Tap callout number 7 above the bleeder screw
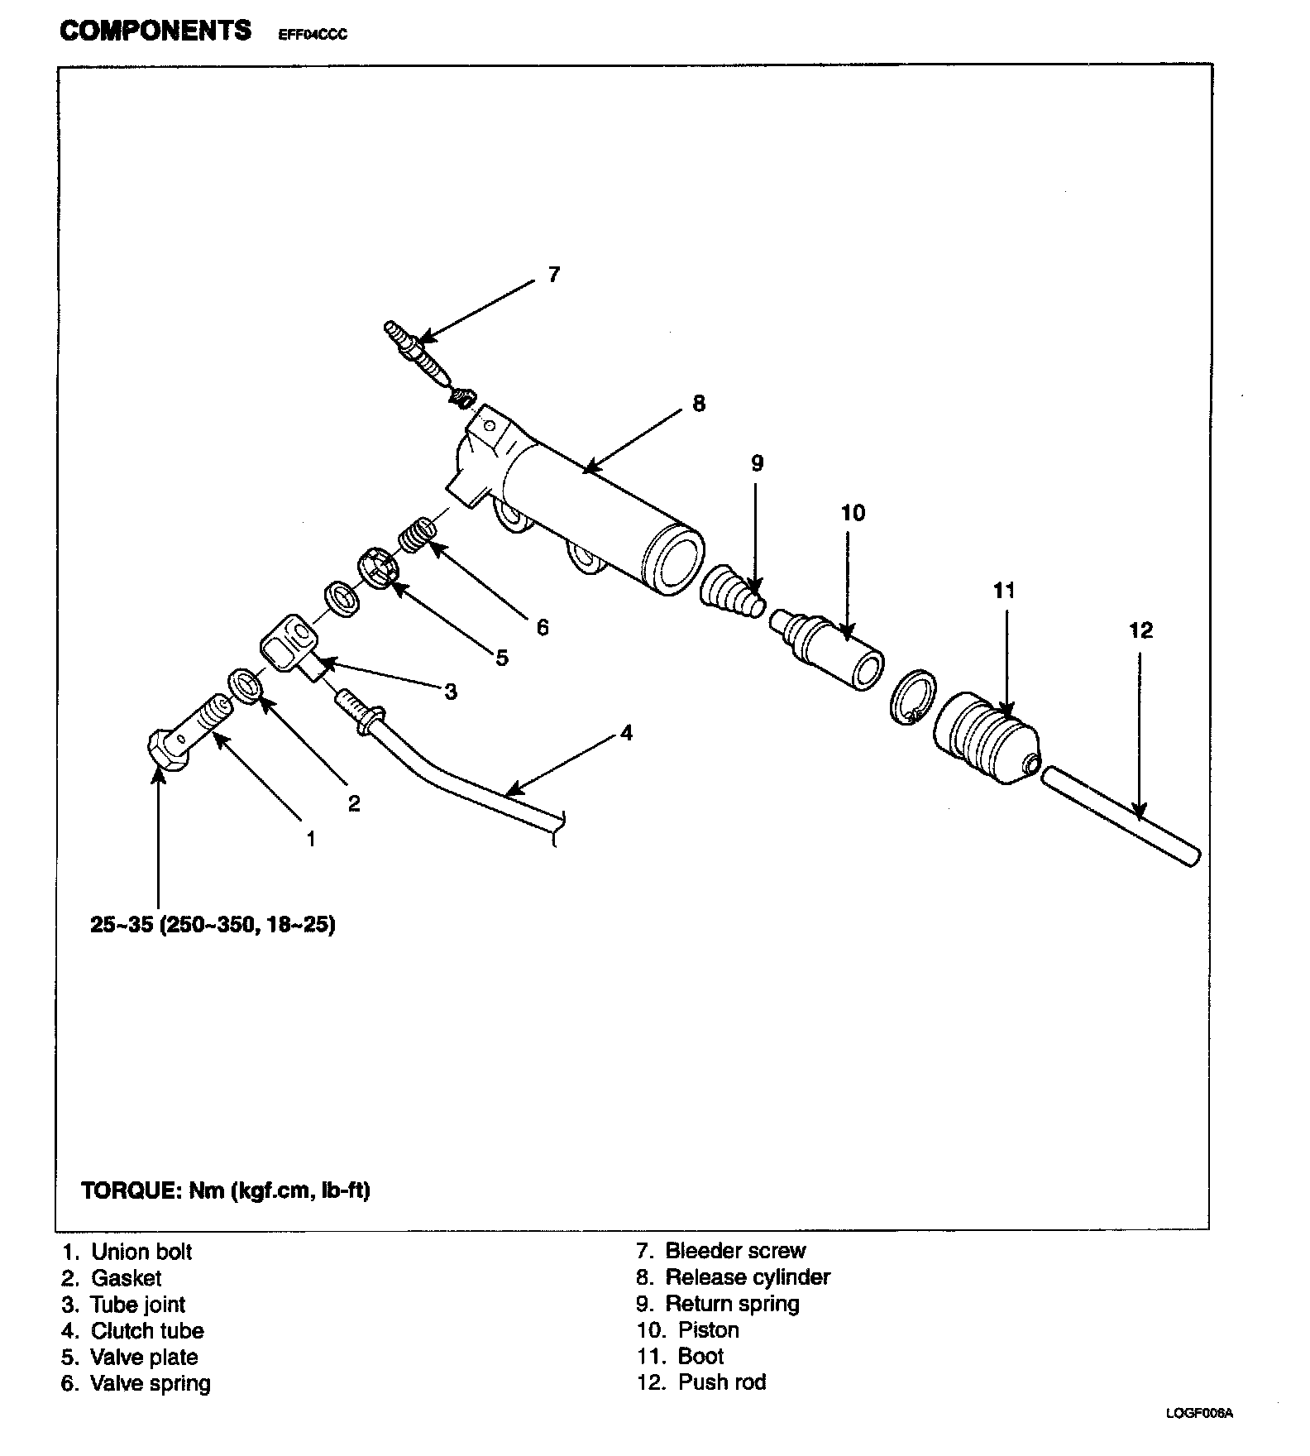(554, 275)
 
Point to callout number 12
(1140, 631)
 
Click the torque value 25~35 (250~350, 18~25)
(213, 924)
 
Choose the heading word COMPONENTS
(155, 31)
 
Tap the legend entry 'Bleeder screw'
(734, 1250)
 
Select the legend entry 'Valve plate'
(144, 1357)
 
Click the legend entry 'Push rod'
(721, 1382)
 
